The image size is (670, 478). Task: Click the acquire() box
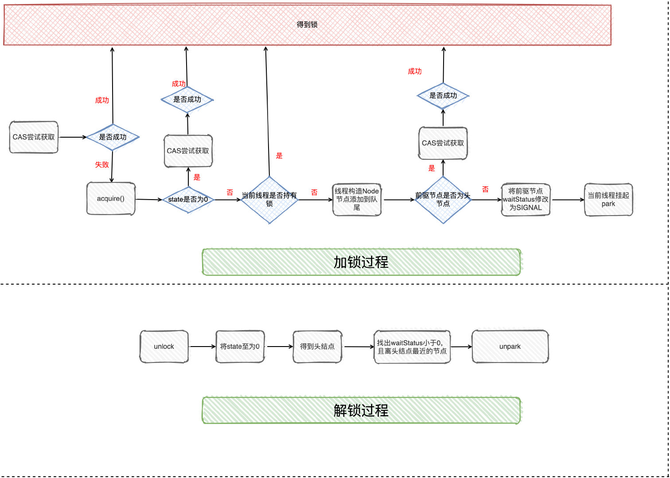(x=111, y=199)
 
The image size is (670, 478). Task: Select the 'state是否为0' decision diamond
(x=188, y=200)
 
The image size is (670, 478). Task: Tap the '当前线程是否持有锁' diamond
(x=269, y=200)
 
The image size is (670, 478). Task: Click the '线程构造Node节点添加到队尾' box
(x=357, y=200)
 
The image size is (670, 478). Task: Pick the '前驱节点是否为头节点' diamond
(x=443, y=200)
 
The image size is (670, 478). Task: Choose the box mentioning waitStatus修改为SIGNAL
(x=526, y=200)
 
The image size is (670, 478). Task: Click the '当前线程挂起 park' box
(x=608, y=200)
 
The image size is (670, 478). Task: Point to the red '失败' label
(x=102, y=165)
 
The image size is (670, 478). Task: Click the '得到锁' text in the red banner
(x=307, y=24)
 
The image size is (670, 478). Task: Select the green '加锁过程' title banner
(x=361, y=262)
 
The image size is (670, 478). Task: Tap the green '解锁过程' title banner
(x=361, y=410)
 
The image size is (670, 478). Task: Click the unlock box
(x=164, y=347)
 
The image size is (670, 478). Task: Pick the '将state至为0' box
(x=240, y=347)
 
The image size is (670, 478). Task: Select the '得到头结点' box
(x=317, y=347)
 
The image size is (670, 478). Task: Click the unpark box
(x=510, y=347)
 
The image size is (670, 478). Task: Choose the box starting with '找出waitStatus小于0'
(x=412, y=347)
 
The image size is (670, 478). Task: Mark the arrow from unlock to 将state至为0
(x=202, y=347)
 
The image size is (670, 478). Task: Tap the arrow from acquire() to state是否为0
(x=149, y=200)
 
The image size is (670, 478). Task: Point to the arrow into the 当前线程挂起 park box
(x=568, y=200)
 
